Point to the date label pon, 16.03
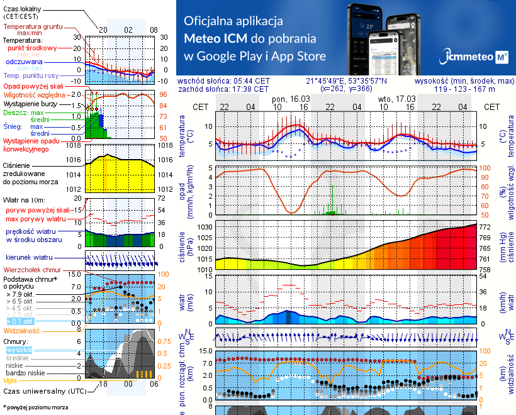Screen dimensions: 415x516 point(290,99)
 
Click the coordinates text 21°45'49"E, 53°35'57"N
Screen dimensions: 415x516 point(346,81)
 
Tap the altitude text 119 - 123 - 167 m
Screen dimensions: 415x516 point(464,89)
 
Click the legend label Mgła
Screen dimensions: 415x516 point(10,380)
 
